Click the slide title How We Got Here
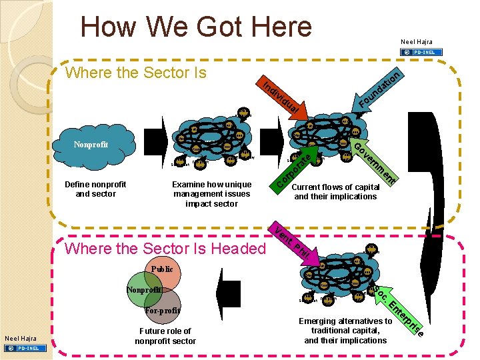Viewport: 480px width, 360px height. coord(196,27)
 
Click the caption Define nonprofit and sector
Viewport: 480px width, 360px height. coord(95,189)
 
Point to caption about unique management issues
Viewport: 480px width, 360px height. coord(211,194)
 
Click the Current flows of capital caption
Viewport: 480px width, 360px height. coord(335,192)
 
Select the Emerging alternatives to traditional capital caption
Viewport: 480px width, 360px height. coord(345,331)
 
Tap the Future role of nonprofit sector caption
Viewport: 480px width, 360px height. coord(165,336)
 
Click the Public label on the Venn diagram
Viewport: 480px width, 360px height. coord(162,269)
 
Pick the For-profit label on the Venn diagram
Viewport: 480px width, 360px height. coord(163,311)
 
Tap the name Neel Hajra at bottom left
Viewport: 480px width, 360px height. coord(21,339)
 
